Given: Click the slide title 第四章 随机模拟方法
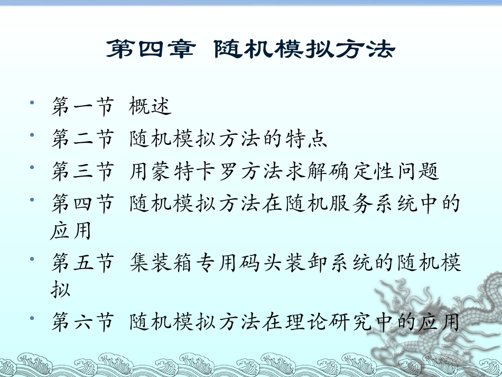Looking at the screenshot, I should (x=250, y=50).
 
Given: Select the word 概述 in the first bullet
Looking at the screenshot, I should (x=151, y=107).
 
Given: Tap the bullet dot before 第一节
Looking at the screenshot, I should (x=34, y=102).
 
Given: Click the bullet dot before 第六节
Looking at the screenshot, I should (x=34, y=316).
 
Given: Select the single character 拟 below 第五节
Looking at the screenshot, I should (x=61, y=290).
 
